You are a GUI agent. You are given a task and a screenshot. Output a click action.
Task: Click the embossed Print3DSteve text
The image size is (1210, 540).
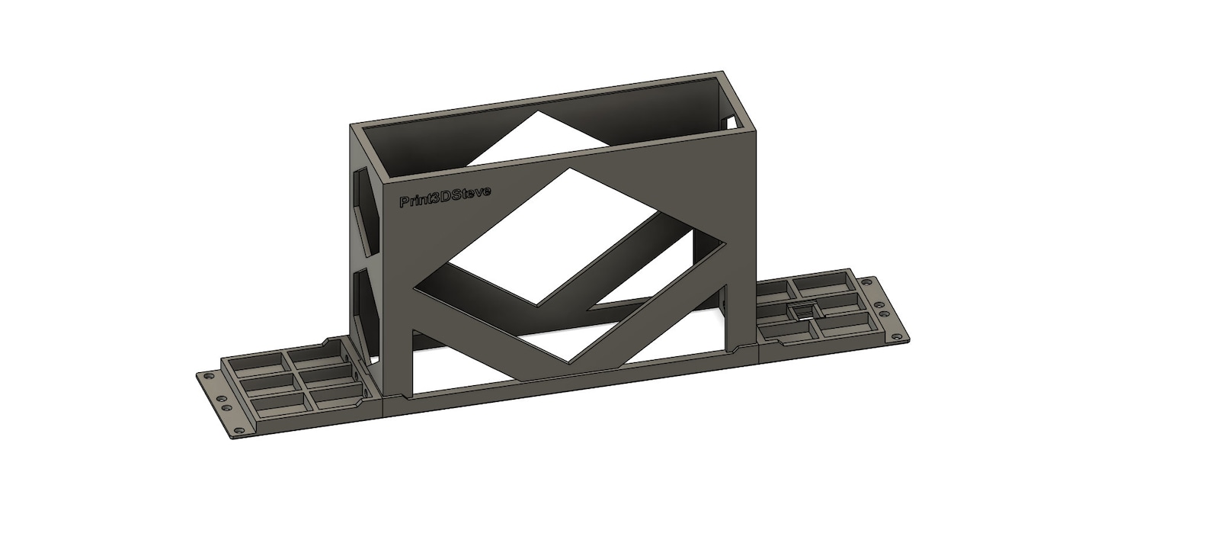(444, 197)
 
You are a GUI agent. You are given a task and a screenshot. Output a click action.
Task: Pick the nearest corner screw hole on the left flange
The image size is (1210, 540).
(238, 431)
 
